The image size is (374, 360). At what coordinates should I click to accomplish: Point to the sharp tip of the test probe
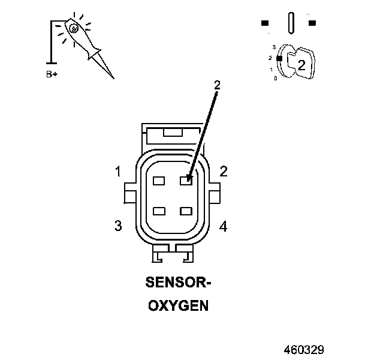[x=113, y=78]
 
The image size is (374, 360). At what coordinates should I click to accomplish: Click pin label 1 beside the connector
[x=118, y=172]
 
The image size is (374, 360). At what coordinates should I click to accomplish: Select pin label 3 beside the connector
[x=118, y=226]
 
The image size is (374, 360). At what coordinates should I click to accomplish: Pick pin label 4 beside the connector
[x=224, y=226]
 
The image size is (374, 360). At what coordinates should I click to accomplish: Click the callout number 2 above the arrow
[x=217, y=85]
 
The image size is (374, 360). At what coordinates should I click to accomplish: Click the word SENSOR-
[x=178, y=281]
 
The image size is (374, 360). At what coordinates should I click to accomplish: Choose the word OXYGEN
[x=178, y=305]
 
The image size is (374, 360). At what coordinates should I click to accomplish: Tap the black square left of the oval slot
[x=264, y=23]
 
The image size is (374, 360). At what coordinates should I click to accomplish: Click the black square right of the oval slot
[x=312, y=23]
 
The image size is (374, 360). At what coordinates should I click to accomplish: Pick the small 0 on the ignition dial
[x=275, y=78]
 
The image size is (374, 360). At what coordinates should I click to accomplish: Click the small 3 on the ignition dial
[x=273, y=46]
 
